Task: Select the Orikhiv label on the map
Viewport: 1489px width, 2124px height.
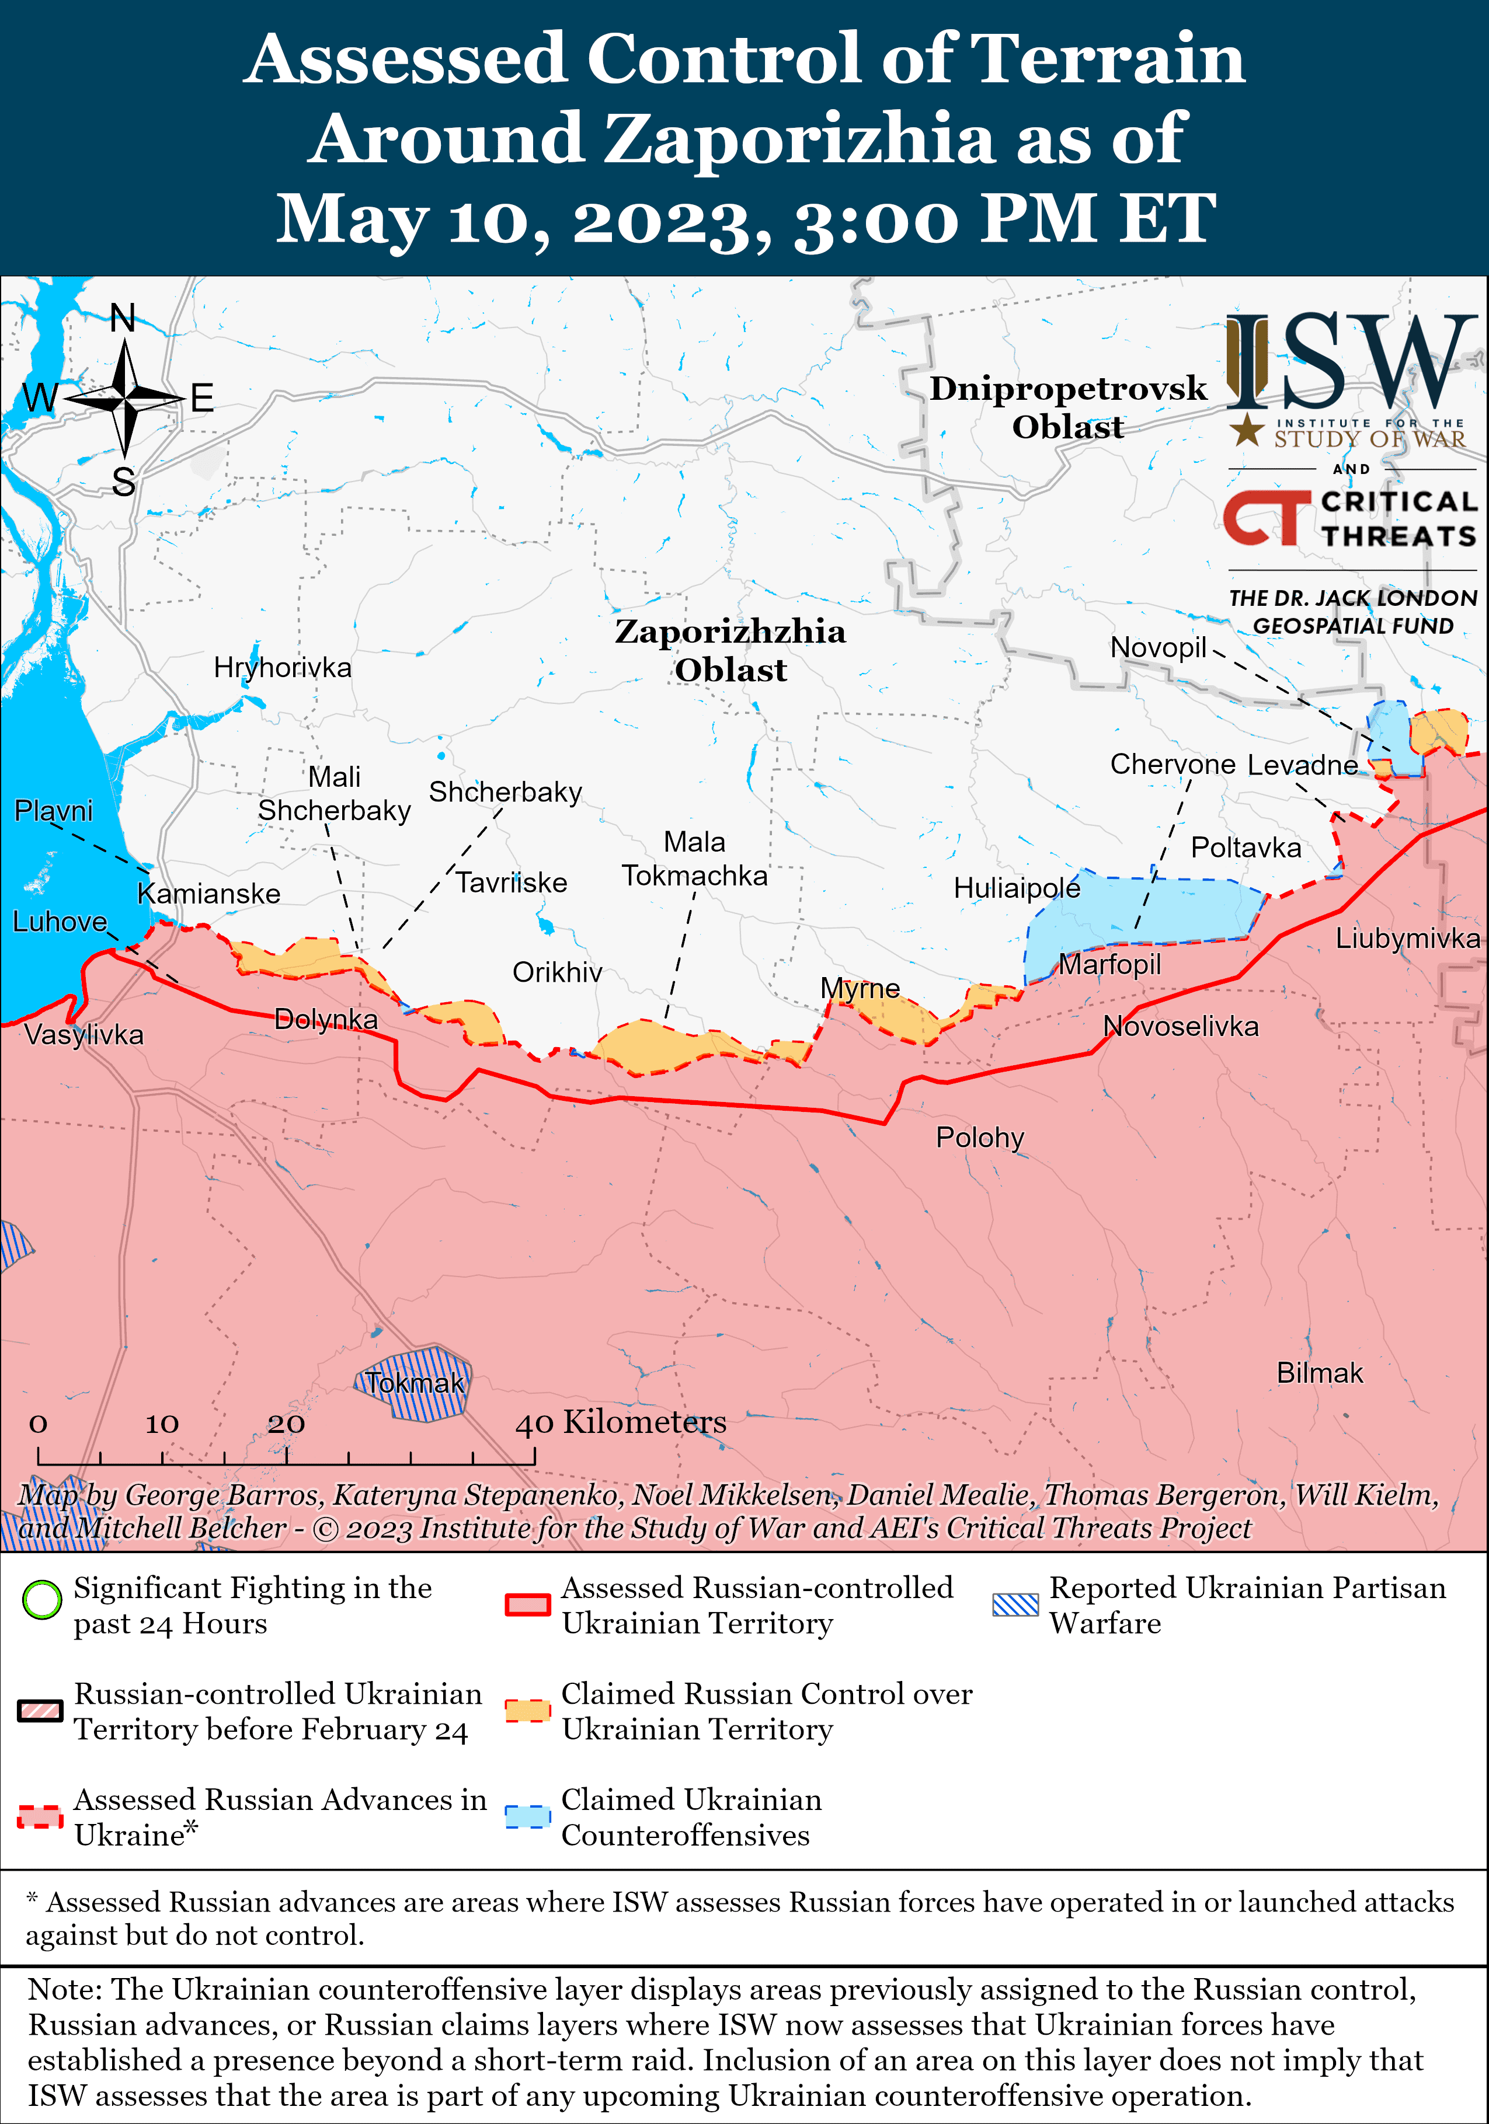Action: pyautogui.click(x=557, y=972)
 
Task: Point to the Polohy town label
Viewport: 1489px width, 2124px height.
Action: pyautogui.click(x=979, y=1137)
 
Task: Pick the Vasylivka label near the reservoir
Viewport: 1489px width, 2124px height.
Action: pyautogui.click(x=84, y=1034)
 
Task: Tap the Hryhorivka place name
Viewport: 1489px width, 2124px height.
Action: pyautogui.click(x=282, y=667)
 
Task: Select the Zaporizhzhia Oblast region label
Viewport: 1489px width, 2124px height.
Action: pyautogui.click(x=730, y=650)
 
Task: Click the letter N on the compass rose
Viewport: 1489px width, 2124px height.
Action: pyautogui.click(x=123, y=318)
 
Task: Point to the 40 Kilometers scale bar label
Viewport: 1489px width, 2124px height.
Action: pyautogui.click(x=621, y=1422)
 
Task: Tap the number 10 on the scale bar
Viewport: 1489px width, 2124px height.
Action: pyautogui.click(x=162, y=1424)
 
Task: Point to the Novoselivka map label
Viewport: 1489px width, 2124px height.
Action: pyautogui.click(x=1181, y=1026)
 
